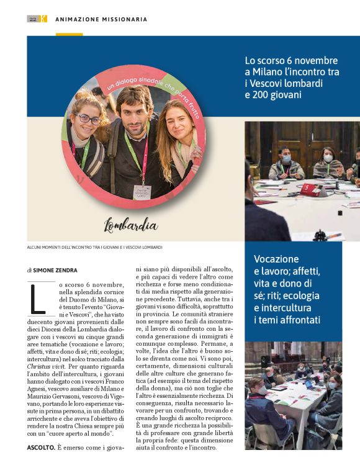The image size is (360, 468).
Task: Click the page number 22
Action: (x=33, y=19)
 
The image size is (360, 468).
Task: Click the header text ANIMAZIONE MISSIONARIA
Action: (x=101, y=19)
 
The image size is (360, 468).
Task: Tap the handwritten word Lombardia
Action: (x=130, y=224)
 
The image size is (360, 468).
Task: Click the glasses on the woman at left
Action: (x=89, y=119)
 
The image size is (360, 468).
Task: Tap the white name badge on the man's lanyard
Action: (x=142, y=192)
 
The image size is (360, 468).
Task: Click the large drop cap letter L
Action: (x=37, y=300)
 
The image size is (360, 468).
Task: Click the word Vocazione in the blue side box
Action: (x=276, y=259)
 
